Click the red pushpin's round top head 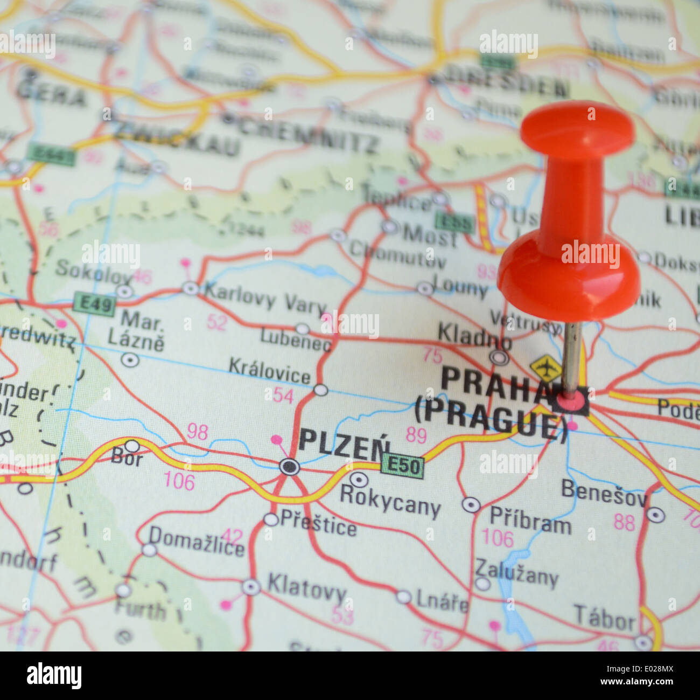577,129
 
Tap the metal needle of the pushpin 572,356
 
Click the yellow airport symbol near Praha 545,368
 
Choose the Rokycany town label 390,500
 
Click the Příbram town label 530,520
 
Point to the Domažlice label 196,540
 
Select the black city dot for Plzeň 290,466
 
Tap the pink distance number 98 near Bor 197,431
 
